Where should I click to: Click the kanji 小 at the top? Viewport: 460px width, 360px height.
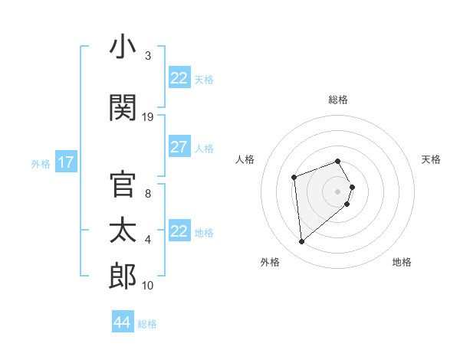[x=123, y=48]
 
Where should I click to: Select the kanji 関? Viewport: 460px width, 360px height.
[x=123, y=107]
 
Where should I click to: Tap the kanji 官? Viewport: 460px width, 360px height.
[x=123, y=185]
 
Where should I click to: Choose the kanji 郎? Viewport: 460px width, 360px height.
[x=123, y=277]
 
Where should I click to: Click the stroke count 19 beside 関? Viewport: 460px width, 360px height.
[x=148, y=117]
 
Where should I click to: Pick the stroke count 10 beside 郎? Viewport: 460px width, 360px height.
[x=148, y=286]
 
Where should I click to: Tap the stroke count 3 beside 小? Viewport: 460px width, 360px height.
[x=148, y=56]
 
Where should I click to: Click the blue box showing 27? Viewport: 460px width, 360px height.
[x=179, y=147]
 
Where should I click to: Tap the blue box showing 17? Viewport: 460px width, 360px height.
[x=65, y=162]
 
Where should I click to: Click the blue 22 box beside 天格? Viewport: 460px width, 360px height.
[x=179, y=78]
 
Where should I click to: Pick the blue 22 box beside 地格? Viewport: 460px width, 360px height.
[x=179, y=231]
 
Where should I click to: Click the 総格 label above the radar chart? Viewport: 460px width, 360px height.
[x=338, y=100]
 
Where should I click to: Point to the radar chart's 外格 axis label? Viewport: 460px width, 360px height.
[x=270, y=262]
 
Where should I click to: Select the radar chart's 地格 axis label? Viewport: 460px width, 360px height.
[x=402, y=262]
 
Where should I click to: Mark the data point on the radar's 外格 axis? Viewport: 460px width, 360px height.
[x=302, y=242]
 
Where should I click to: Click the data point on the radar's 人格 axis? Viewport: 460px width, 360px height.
[x=294, y=178]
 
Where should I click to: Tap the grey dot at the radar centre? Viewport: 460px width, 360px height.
[x=337, y=191]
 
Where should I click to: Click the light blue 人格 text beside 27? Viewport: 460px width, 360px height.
[x=204, y=148]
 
